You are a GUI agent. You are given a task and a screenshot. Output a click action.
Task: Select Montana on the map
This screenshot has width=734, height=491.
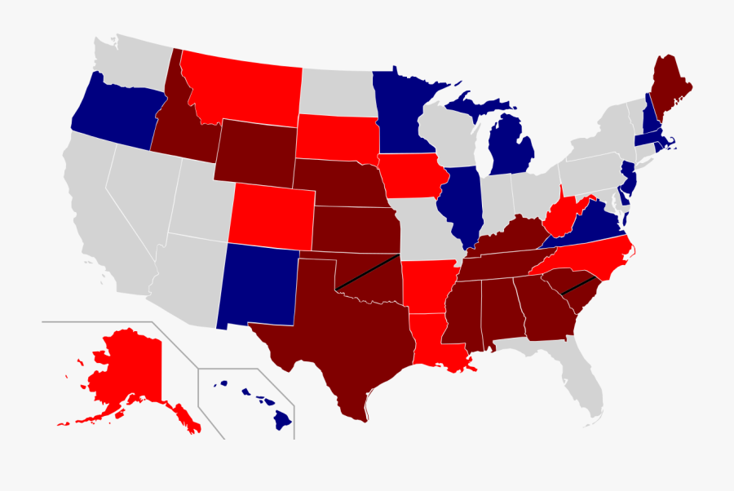[x=241, y=86]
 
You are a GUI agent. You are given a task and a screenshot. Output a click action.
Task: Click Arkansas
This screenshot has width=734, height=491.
[x=428, y=285]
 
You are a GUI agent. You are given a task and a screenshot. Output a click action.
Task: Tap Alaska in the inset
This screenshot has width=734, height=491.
[x=122, y=375]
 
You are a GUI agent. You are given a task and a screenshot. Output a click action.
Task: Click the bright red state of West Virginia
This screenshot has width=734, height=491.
[x=563, y=216]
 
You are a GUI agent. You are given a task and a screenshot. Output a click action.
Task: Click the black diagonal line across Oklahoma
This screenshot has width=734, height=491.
[x=367, y=271]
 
